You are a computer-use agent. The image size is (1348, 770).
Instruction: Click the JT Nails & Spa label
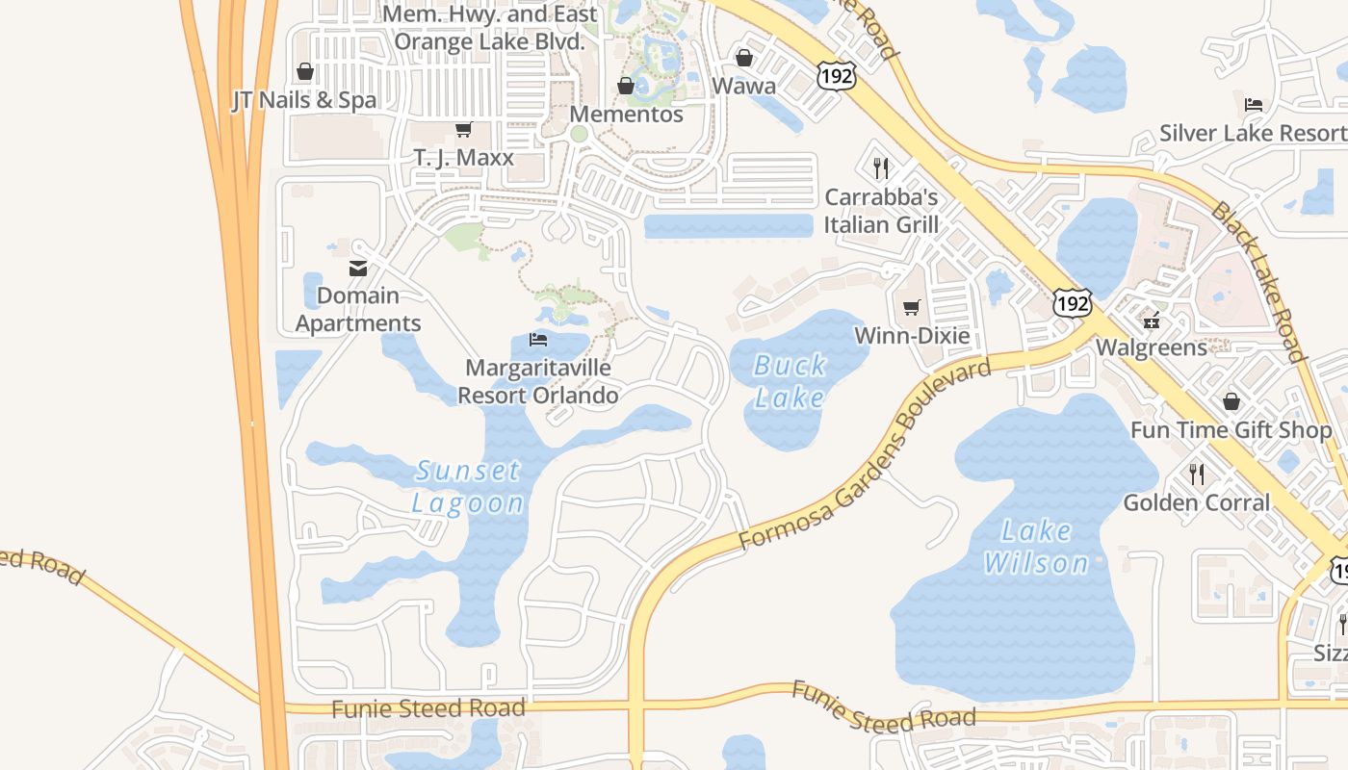coord(304,100)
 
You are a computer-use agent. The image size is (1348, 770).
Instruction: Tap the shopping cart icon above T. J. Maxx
coord(463,129)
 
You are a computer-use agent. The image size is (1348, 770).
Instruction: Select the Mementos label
coord(626,114)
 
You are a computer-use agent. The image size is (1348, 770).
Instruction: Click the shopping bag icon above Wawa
coord(743,59)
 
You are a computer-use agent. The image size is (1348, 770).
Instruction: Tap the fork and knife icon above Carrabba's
coord(881,168)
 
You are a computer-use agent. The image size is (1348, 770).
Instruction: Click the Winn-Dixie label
coord(912,335)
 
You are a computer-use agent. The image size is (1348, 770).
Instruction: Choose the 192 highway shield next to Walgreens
coord(1072,303)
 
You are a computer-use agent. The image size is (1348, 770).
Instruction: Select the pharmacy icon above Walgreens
coord(1152,320)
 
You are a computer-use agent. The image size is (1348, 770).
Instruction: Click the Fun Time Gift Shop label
coord(1231,429)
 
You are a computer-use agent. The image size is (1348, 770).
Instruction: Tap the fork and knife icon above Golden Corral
coord(1197,474)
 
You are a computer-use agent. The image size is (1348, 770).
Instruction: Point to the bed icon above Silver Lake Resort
coord(1254,105)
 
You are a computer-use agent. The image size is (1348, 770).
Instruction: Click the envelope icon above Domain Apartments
coord(358,269)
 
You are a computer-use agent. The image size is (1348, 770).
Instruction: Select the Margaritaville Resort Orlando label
coord(537,381)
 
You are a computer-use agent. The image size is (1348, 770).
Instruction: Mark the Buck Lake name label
coord(790,381)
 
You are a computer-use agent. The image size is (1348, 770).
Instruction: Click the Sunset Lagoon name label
coord(468,486)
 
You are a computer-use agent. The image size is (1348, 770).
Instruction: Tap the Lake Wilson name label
coord(1036,546)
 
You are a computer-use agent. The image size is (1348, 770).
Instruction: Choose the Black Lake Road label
coord(1258,281)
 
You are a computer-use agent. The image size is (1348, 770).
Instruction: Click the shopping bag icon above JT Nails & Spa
coord(305,71)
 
